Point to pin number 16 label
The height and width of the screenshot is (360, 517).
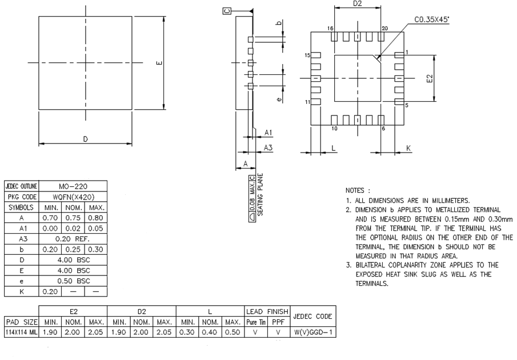(330, 29)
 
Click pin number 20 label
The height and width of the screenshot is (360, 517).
(384, 29)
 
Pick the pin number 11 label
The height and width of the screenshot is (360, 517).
(307, 102)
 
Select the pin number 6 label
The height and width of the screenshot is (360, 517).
(383, 128)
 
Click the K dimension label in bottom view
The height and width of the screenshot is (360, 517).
(408, 148)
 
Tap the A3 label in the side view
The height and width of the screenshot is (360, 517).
(267, 147)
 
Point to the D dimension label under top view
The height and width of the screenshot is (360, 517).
(85, 139)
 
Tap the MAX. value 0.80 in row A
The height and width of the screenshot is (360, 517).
(94, 218)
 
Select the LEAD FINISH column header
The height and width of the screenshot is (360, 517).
(268, 311)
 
